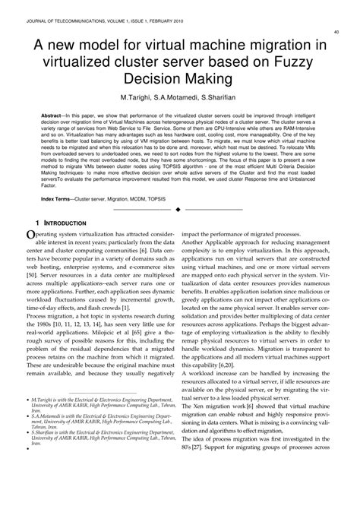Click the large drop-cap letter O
click(x=30, y=239)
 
